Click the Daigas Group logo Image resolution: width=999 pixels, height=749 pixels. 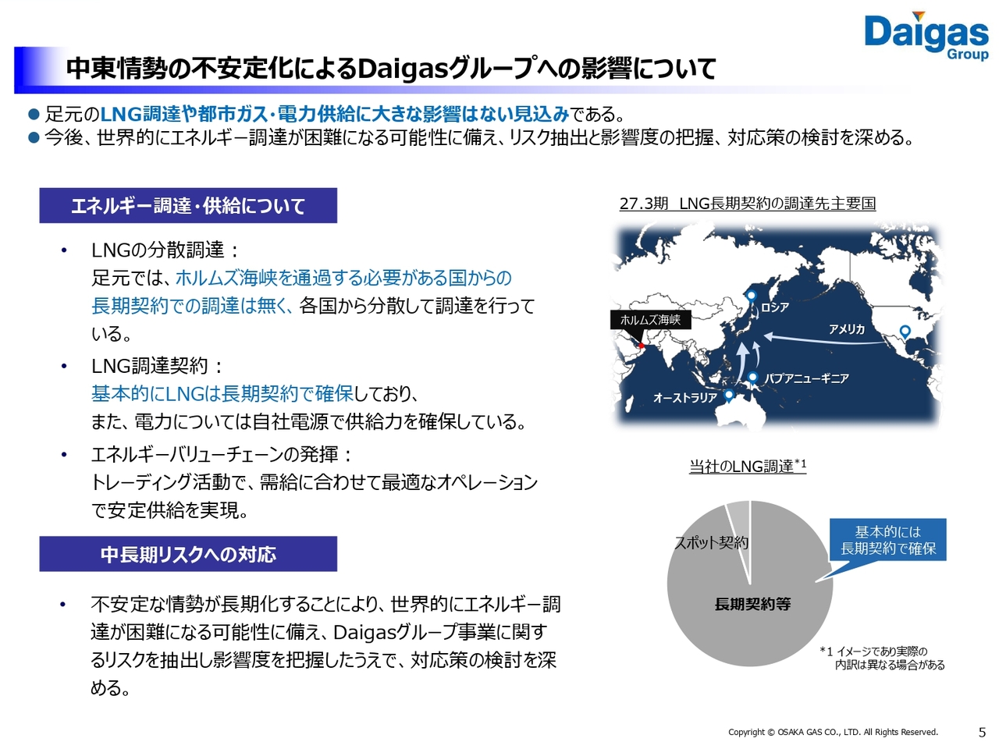pos(926,36)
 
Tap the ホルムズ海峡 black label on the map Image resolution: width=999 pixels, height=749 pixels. pos(650,320)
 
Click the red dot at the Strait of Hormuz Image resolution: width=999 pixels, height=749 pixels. pos(641,346)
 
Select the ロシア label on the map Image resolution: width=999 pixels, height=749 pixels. pos(774,307)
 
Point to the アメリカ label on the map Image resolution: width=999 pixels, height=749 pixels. pos(846,328)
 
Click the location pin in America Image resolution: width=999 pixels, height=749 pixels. pos(905,332)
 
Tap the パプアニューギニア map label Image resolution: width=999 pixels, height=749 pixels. pos(806,378)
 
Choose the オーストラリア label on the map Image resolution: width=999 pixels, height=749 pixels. pos(685,397)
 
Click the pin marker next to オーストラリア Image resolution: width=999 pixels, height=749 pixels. pos(729,396)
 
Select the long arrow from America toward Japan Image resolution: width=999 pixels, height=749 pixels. pos(826,341)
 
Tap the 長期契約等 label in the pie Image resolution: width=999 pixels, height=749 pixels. pos(752,604)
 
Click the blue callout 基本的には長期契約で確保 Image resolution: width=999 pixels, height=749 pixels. pos(887,540)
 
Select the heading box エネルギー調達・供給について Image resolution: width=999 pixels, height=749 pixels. pos(188,205)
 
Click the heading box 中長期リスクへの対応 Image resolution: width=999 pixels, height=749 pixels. pos(188,554)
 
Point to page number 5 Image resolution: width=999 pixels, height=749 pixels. pos(982,733)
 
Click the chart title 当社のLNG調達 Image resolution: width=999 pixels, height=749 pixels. pos(748,466)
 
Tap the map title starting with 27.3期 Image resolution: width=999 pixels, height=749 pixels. pos(748,204)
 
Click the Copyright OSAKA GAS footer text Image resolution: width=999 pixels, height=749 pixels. pos(833,732)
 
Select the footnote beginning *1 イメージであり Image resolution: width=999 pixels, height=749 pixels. pos(882,658)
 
